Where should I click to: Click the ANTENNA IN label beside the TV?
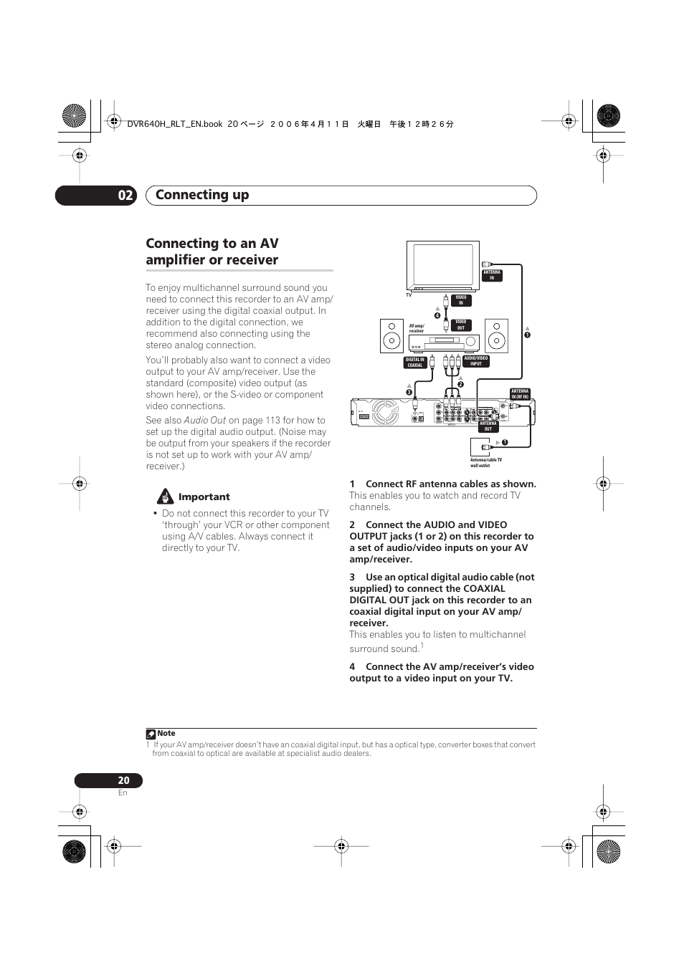(492, 275)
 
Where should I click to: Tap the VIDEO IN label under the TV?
(461, 300)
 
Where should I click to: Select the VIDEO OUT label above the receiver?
(461, 325)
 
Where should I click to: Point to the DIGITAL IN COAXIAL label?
(415, 363)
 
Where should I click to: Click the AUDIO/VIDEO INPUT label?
(476, 361)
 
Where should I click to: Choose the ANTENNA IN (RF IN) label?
(520, 394)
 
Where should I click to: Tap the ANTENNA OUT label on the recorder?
(488, 426)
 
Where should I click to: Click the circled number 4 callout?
(437, 315)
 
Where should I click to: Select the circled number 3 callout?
(409, 392)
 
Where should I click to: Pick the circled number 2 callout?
(460, 385)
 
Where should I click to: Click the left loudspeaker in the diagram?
(391, 336)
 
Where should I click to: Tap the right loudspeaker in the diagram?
(496, 336)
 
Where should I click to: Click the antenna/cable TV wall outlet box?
(479, 447)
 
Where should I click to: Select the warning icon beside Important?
(166, 497)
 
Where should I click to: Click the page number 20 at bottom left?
(124, 780)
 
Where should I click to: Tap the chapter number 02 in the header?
(125, 195)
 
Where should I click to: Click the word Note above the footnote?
(166, 733)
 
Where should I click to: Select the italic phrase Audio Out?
(205, 421)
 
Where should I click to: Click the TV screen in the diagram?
(443, 264)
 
